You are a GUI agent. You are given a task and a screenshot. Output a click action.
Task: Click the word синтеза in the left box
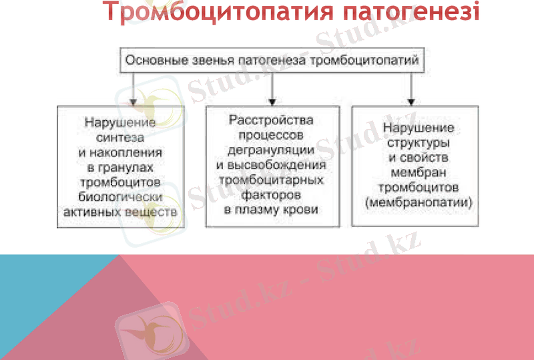point(120,138)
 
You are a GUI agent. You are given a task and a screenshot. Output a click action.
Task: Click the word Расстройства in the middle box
point(271,120)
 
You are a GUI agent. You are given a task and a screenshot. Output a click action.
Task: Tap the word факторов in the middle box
point(271,194)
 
